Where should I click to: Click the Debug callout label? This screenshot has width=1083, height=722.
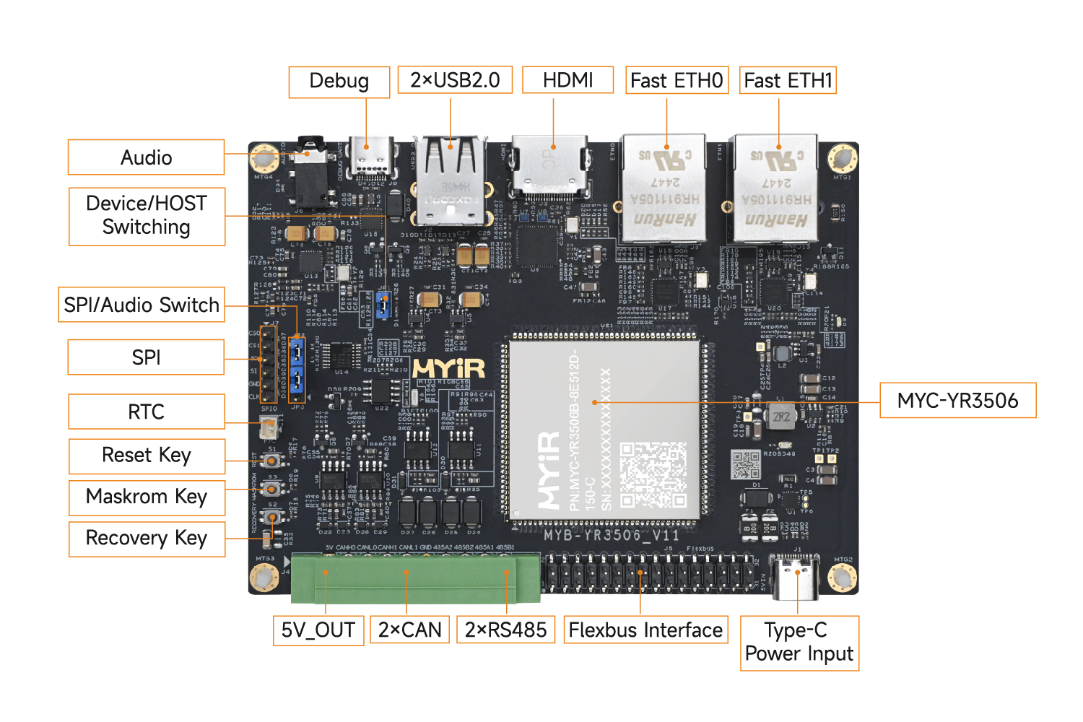coord(339,82)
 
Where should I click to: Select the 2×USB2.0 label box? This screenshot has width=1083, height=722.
coord(455,80)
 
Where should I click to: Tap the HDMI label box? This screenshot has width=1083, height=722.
coord(567,80)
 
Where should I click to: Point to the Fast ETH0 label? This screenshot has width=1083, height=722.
coord(677,80)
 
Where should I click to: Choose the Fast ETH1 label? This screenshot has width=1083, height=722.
coord(788,80)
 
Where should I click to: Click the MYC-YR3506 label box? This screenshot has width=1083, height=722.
coord(957,401)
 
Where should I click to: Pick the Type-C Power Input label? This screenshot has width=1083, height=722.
coord(799,643)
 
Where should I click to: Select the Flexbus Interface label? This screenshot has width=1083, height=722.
coord(645,630)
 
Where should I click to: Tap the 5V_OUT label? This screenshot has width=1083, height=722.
coord(318,630)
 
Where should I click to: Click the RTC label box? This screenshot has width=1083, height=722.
coord(147,412)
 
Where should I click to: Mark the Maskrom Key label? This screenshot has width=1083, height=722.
coord(147,497)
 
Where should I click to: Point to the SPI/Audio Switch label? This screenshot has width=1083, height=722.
coord(142,305)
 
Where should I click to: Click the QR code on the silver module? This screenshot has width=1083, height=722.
coord(653,474)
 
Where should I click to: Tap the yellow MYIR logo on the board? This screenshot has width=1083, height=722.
coord(448,368)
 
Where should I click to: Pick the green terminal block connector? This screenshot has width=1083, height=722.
coord(415,578)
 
